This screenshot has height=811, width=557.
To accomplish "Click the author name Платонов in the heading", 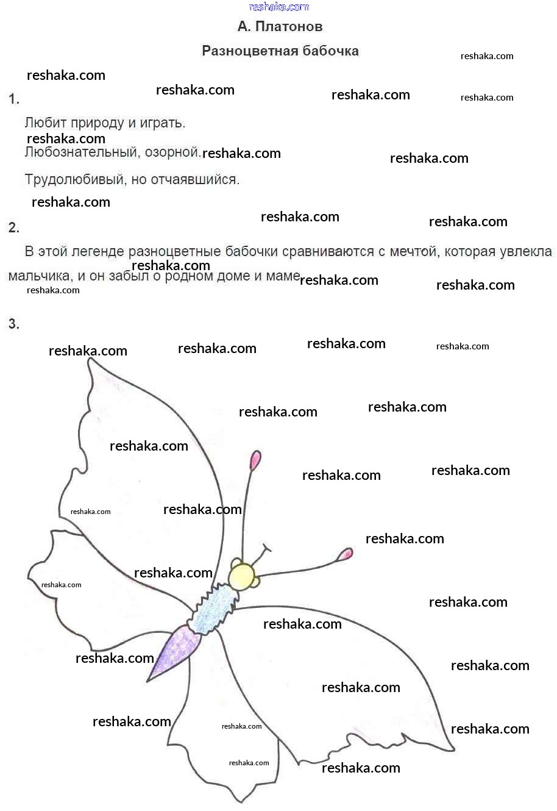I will [289, 27].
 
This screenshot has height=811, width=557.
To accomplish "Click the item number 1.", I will [14, 99].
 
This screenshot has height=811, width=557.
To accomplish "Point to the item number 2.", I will [14, 228].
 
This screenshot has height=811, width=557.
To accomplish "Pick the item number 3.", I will [14, 324].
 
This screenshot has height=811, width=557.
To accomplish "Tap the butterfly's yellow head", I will [242, 576].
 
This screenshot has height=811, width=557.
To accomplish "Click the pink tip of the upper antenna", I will [255, 460].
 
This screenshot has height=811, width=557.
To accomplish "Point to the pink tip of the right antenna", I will [346, 554].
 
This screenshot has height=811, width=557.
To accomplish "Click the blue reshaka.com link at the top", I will [279, 7].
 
